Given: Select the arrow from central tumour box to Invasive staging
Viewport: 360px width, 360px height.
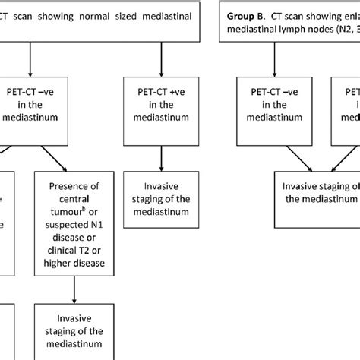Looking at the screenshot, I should (74, 289).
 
